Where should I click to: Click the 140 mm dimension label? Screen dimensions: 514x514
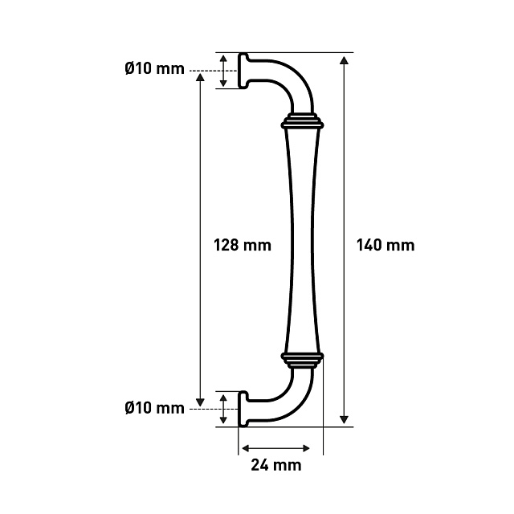click(x=385, y=245)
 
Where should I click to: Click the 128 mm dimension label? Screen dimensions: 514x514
click(x=243, y=245)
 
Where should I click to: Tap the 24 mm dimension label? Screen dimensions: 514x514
click(x=276, y=465)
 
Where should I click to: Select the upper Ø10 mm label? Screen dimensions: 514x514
click(x=155, y=69)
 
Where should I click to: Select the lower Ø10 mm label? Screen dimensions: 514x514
click(x=155, y=408)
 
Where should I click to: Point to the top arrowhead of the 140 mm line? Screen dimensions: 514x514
click(x=344, y=60)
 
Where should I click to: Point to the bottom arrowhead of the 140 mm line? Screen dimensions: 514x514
click(x=344, y=419)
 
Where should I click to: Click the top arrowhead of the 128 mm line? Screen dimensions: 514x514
click(x=200, y=77)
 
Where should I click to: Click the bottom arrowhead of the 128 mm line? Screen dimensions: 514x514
click(x=200, y=402)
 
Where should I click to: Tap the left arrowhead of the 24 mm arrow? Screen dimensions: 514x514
click(x=246, y=448)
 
